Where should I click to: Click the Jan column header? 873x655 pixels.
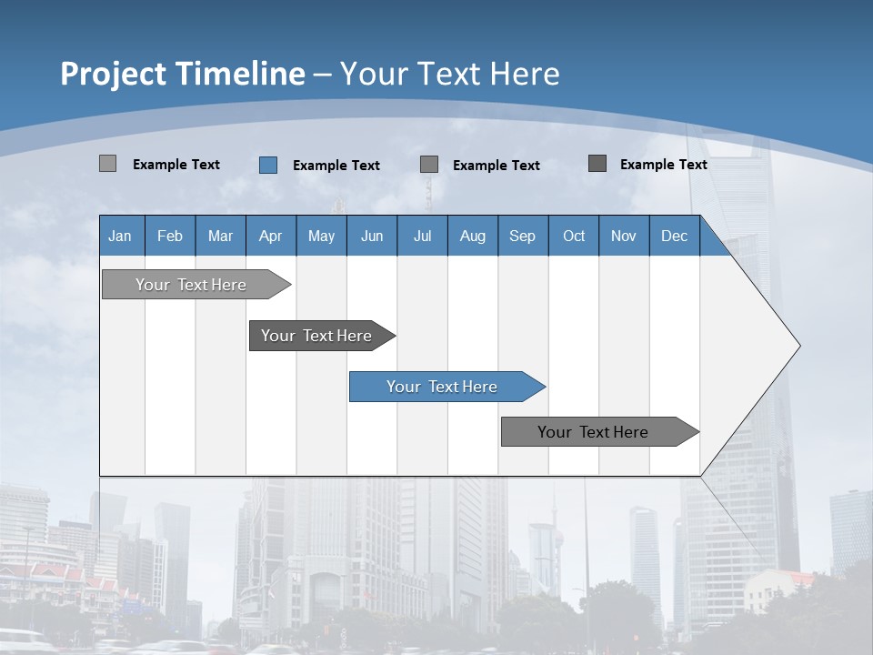120,236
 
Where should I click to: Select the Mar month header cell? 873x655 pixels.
220,236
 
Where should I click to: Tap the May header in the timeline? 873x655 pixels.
321,236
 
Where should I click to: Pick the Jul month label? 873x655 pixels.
422,236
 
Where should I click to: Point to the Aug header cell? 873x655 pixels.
472,236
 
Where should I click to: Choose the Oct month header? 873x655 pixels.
573,236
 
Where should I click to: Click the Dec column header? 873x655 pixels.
674,236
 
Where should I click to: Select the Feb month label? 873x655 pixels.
170,236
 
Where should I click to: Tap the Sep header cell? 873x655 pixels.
522,236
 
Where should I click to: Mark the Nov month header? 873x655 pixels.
623,236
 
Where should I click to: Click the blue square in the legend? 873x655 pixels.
268,165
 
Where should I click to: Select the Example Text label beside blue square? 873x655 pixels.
336,166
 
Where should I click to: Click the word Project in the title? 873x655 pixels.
114,74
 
